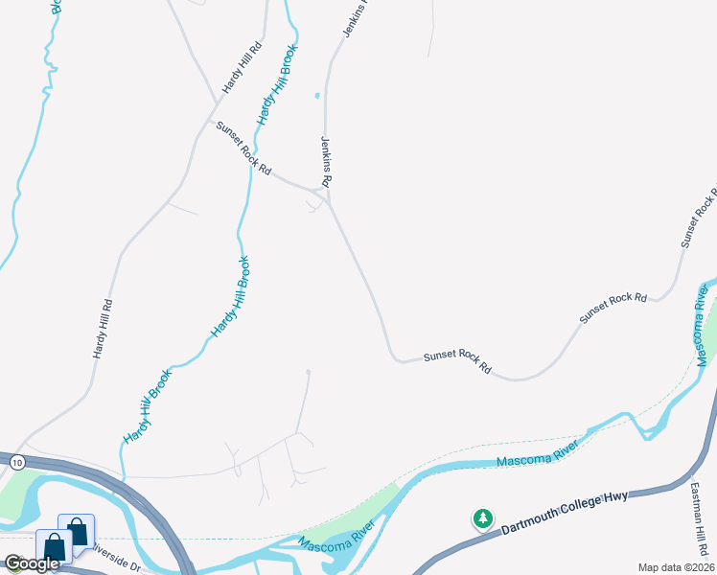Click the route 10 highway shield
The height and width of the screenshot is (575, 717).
pos(16,463)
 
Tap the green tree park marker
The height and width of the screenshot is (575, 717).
pos(483,518)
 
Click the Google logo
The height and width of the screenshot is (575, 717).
pos(33,563)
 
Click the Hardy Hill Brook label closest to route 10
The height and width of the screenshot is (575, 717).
pos(147,406)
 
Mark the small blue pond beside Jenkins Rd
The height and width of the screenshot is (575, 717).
pos(316,95)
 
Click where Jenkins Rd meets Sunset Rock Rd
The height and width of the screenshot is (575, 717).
pos(328,199)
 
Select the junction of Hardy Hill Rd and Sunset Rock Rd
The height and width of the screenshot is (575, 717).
pos(214,121)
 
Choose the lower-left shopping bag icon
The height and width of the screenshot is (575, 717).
pos(54,546)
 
